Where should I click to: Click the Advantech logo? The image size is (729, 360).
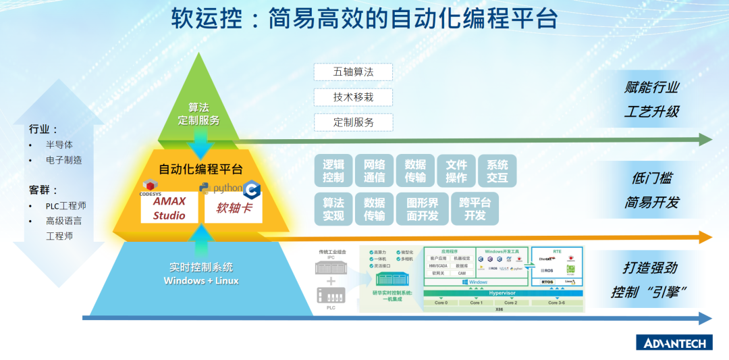[674, 342]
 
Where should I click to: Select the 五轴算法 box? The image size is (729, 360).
[353, 72]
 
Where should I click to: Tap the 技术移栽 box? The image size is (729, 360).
[353, 97]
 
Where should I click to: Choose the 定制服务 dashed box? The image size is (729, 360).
[353, 122]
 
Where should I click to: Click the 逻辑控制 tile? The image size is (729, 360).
[333, 171]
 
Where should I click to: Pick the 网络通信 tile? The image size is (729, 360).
[374, 171]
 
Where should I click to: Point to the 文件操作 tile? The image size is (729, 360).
[456, 171]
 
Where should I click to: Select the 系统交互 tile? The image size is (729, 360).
[497, 171]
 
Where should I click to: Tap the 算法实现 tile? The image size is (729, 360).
[333, 209]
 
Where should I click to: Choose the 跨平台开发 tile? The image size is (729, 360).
[475, 209]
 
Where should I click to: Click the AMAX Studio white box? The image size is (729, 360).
[169, 208]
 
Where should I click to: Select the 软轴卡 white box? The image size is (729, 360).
[234, 208]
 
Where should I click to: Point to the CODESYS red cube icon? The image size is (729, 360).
[149, 186]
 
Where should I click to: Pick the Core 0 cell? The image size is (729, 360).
[440, 303]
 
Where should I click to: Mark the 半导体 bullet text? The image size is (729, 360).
[59, 145]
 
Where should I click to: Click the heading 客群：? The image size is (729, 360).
[43, 190]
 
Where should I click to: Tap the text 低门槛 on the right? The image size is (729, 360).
[651, 178]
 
